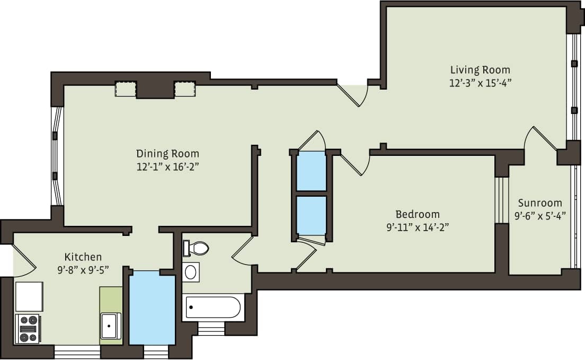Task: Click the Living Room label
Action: click(x=480, y=69)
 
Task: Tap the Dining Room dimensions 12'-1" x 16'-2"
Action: click(x=167, y=166)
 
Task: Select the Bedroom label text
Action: click(x=418, y=214)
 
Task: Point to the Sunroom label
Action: click(x=540, y=203)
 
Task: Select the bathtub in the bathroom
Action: click(x=212, y=308)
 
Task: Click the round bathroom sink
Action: click(x=191, y=272)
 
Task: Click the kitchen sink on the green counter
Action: click(x=111, y=325)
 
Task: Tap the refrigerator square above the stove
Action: click(x=29, y=296)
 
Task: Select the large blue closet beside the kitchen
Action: click(x=152, y=308)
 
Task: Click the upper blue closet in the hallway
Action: click(x=311, y=171)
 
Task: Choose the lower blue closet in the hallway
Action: click(x=311, y=215)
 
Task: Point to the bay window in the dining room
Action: click(x=56, y=156)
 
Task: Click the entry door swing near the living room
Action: click(x=353, y=95)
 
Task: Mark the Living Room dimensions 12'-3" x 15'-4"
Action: click(x=480, y=83)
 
